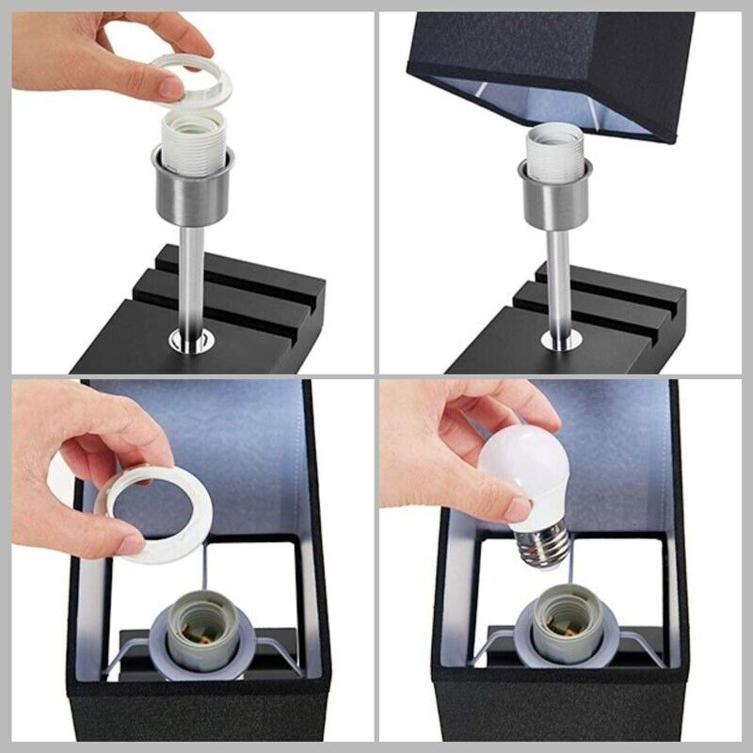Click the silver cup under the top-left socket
(194, 193)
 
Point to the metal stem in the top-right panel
(557, 278)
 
